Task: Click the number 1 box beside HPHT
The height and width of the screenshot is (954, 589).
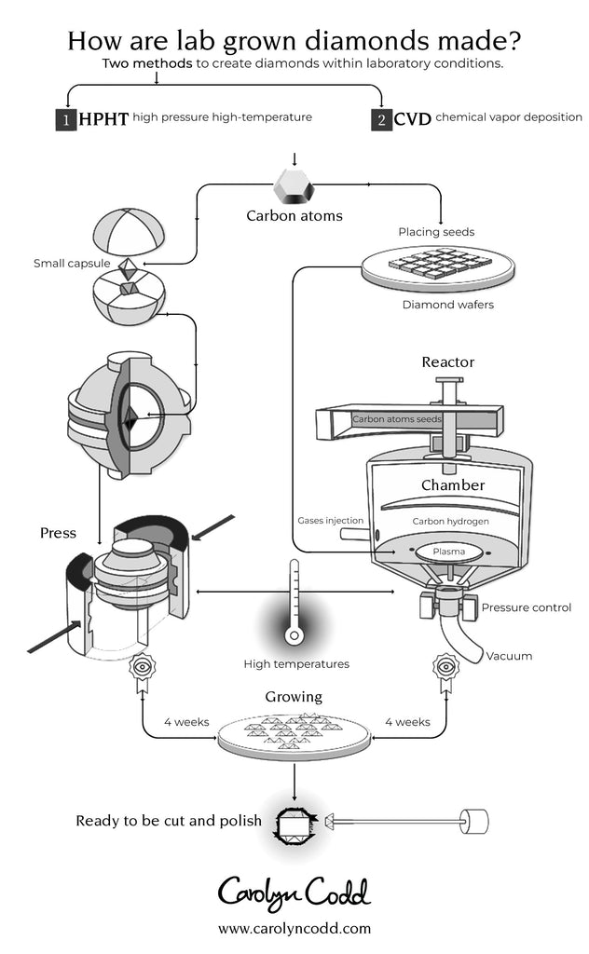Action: (x=65, y=119)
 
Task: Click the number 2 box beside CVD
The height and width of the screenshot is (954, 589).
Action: (x=381, y=119)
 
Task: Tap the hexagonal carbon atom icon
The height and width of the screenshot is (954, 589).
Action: (x=294, y=187)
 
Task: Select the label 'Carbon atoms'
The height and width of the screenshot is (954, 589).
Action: (x=294, y=216)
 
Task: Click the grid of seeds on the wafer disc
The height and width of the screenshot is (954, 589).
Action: (x=437, y=265)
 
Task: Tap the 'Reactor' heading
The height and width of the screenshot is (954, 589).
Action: (x=447, y=361)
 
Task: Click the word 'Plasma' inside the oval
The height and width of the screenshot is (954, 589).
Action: (x=448, y=552)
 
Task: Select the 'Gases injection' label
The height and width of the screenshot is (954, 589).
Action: (x=331, y=520)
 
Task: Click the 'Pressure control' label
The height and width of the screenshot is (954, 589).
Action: (x=526, y=607)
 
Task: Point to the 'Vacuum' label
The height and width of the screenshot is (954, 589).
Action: (x=509, y=656)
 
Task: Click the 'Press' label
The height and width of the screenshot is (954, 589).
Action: (x=58, y=534)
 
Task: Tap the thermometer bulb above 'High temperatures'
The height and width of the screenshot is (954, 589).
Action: (x=294, y=636)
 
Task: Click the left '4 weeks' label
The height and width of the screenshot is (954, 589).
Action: (x=186, y=721)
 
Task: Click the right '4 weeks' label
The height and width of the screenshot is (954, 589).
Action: (x=407, y=721)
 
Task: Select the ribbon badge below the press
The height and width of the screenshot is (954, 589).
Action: (x=142, y=670)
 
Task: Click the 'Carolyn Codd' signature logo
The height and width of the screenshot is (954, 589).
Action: (x=294, y=891)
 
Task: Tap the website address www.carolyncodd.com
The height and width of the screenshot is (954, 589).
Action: (x=294, y=928)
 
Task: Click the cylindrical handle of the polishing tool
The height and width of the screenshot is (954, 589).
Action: (x=474, y=822)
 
